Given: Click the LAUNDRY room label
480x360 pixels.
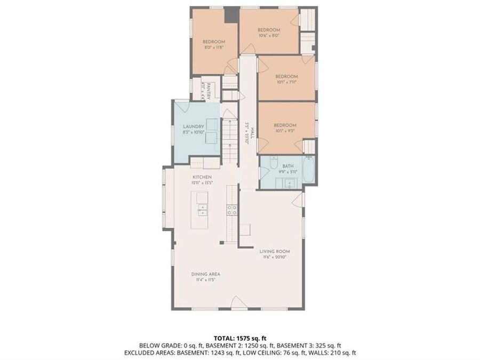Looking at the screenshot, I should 194,126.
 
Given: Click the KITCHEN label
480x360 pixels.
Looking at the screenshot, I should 202,177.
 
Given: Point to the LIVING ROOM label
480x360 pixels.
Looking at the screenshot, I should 274,251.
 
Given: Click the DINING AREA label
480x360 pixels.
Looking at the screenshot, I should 205,274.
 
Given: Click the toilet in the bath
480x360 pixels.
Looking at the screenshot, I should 274,161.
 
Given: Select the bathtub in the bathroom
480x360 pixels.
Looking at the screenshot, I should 309,170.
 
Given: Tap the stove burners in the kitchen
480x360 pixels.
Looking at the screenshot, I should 232,210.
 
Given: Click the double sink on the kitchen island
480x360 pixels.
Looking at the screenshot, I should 202,205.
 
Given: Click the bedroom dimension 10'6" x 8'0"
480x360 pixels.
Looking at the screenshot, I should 269,36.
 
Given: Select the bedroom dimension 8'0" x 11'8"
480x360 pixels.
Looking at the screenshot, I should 213,47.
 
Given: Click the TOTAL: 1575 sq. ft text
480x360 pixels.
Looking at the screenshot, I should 239,338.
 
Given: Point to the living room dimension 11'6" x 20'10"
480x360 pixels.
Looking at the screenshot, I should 274,257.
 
